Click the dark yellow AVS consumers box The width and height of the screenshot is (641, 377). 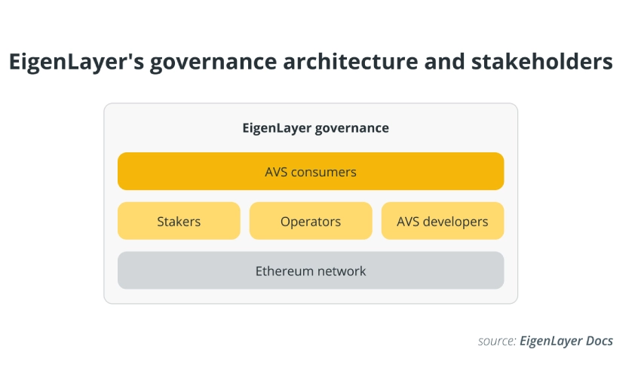pos(311,171)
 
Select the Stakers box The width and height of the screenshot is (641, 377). pos(179,221)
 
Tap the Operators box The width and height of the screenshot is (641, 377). pos(311,221)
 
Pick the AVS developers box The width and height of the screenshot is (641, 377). pos(443,221)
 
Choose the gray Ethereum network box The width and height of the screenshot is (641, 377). pos(311,270)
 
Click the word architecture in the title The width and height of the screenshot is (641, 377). pos(351,61)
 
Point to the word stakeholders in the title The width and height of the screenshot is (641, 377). pos(542,61)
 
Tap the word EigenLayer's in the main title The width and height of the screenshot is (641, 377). pos(76,62)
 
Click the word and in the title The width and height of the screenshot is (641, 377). pos(445,61)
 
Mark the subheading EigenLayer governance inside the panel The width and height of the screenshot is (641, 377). pos(315,128)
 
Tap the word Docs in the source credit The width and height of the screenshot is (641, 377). pos(600,341)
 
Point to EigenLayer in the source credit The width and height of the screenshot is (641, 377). pos(551,342)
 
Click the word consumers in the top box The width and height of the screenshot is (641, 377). pos(324,172)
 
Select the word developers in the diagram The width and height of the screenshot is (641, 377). pos(455,222)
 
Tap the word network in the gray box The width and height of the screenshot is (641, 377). pos(342,271)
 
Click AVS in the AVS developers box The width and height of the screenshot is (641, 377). pos(407,222)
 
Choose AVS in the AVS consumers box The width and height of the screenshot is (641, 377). pos(276,172)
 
